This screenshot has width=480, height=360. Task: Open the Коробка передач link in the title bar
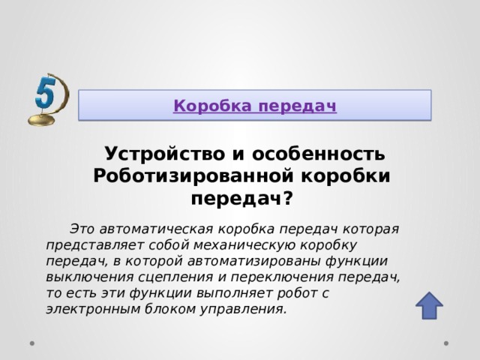coord(255,106)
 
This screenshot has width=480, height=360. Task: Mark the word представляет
coord(93,245)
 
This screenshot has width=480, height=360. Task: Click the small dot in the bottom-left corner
coord(33,344)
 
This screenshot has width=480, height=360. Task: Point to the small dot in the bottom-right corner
coord(446,344)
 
